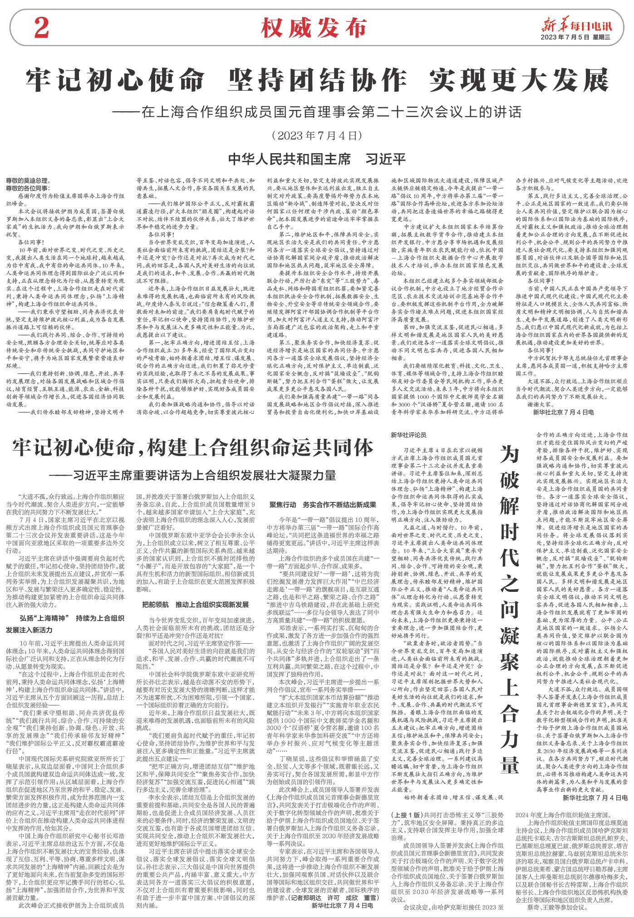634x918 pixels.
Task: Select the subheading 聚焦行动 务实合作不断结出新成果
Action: tap(323, 505)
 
